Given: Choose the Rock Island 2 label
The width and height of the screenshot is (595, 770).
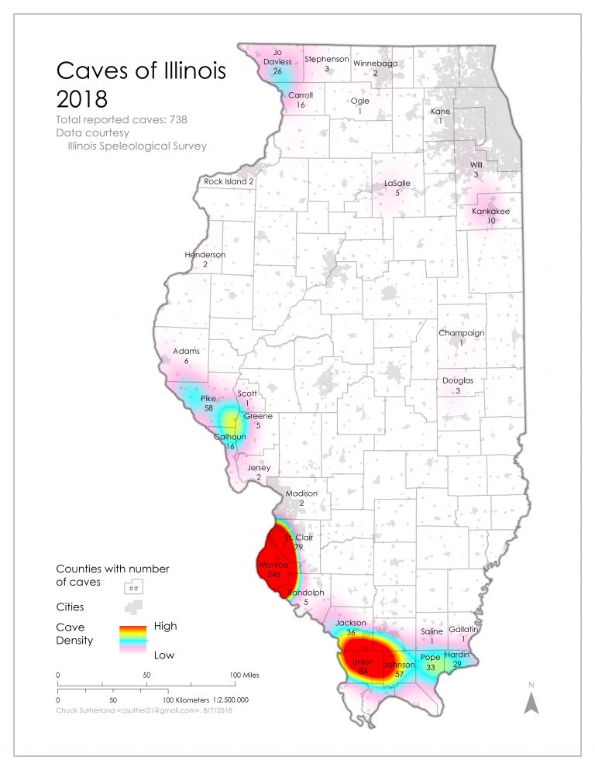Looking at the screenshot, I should [229, 181].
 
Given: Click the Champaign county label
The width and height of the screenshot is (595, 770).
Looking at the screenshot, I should [461, 333].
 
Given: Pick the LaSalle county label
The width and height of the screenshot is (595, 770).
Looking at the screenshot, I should [397, 184].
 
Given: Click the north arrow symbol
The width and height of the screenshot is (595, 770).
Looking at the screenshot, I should [531, 701].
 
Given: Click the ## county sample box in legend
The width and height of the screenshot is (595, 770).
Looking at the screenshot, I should [133, 587].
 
